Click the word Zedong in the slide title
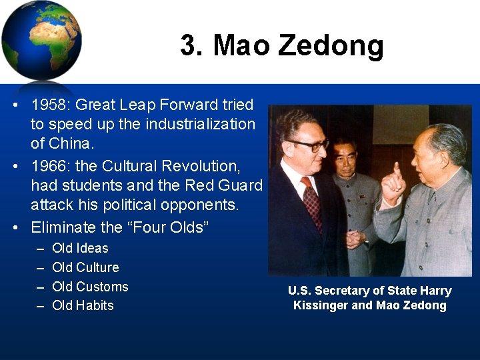331,45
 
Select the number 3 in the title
189,45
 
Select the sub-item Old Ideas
80,248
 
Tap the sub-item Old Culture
85,267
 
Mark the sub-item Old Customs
90,287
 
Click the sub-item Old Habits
83,305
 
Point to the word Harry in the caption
435,291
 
